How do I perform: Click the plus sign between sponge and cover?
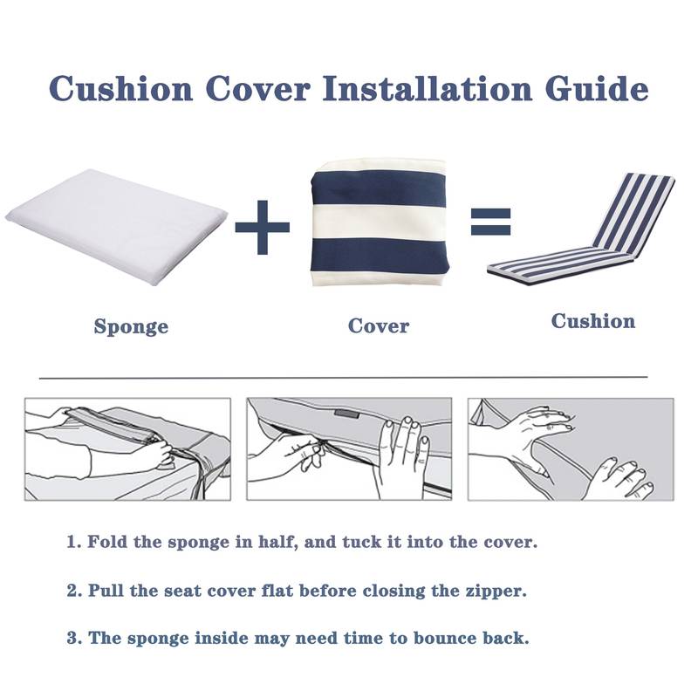262,225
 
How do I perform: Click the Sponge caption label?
131,327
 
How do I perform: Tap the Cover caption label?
379,326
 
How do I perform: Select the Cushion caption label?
593,321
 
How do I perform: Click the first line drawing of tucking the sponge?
127,449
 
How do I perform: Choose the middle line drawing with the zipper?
349,449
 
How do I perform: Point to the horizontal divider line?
344,378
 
